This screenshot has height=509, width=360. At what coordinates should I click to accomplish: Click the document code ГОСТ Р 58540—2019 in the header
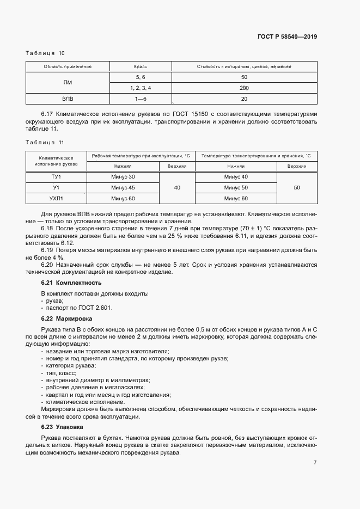pyautogui.click(x=287, y=37)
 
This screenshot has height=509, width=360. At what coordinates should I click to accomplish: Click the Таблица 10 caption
pyautogui.click(x=45, y=53)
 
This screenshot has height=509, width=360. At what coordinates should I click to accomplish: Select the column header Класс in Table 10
pyautogui.click(x=141, y=66)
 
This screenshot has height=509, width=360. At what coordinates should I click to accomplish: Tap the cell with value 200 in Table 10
pyautogui.click(x=243, y=88)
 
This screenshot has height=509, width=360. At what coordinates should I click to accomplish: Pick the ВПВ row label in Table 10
pyautogui.click(x=68, y=99)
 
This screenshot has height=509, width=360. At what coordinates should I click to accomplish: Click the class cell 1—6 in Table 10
pyautogui.click(x=141, y=99)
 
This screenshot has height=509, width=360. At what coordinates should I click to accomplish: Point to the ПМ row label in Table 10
pyautogui.click(x=68, y=82)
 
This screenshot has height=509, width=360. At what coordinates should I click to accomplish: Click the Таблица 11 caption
pyautogui.click(x=45, y=142)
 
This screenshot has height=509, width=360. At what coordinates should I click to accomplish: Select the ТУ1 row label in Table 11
pyautogui.click(x=56, y=177)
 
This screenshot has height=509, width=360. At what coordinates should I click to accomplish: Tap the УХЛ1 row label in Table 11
pyautogui.click(x=56, y=198)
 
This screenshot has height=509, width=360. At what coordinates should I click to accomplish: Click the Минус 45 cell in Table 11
pyautogui.click(x=123, y=188)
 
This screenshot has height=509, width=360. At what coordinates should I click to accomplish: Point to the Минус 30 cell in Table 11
pyautogui.click(x=123, y=177)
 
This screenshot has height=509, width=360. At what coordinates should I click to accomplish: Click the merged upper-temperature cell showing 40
pyautogui.click(x=177, y=188)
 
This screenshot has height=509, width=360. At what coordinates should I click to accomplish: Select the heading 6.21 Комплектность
pyautogui.click(x=71, y=283)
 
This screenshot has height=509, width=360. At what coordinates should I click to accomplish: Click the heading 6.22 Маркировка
pyautogui.click(x=67, y=318)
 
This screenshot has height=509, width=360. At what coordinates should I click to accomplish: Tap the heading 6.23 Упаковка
pyautogui.click(x=62, y=427)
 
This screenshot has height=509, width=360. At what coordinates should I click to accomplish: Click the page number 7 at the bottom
pyautogui.click(x=315, y=463)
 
